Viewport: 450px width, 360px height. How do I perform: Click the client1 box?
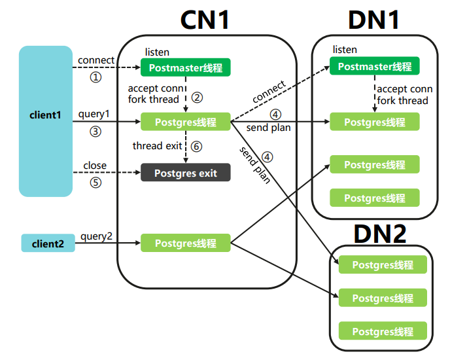click(x=45, y=121)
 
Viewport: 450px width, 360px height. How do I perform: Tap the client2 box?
click(x=48, y=243)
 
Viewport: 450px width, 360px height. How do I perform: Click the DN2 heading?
click(x=380, y=233)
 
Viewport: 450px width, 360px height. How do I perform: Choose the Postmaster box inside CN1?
click(x=186, y=67)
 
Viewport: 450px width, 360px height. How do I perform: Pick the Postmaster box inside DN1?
click(x=375, y=67)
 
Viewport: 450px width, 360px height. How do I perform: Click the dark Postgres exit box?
click(x=186, y=173)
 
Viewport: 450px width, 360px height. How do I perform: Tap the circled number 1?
click(x=96, y=77)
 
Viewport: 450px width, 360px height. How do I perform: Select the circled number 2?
click(x=196, y=98)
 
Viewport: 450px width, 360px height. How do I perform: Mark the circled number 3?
click(x=96, y=131)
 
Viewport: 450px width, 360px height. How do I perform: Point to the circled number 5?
click(x=96, y=183)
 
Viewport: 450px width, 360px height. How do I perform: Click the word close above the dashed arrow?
click(x=95, y=166)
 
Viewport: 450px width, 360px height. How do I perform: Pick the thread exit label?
click(x=157, y=145)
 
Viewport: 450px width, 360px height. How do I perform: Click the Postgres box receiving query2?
click(x=186, y=243)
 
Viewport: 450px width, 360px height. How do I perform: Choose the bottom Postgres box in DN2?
click(x=383, y=331)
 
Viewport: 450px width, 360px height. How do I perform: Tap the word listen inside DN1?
click(x=345, y=50)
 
